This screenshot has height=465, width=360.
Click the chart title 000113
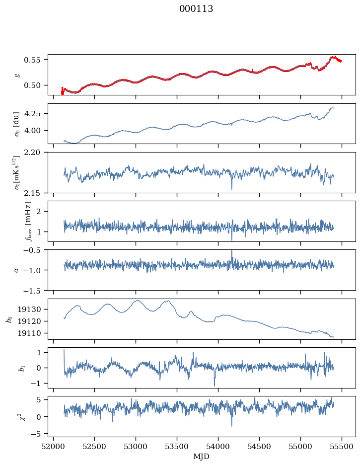[x=196, y=9]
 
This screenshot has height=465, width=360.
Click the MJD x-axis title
[x=201, y=457]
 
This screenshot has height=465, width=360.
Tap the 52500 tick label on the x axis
[x=94, y=447]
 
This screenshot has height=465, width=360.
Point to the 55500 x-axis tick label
[x=342, y=447]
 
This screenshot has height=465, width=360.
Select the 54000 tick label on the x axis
[x=218, y=447]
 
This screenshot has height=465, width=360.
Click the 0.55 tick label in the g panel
[x=32, y=60]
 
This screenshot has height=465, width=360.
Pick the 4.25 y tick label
[x=32, y=114]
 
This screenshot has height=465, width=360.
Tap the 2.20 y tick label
[x=32, y=153]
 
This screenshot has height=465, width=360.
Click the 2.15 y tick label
[x=32, y=193]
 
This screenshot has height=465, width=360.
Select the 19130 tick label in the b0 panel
[x=29, y=310]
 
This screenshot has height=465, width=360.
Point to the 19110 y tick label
[x=29, y=333]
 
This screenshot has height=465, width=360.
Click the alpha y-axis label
[x=16, y=270]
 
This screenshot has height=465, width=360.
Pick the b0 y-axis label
[x=10, y=319]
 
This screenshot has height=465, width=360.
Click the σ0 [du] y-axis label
[x=16, y=124]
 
